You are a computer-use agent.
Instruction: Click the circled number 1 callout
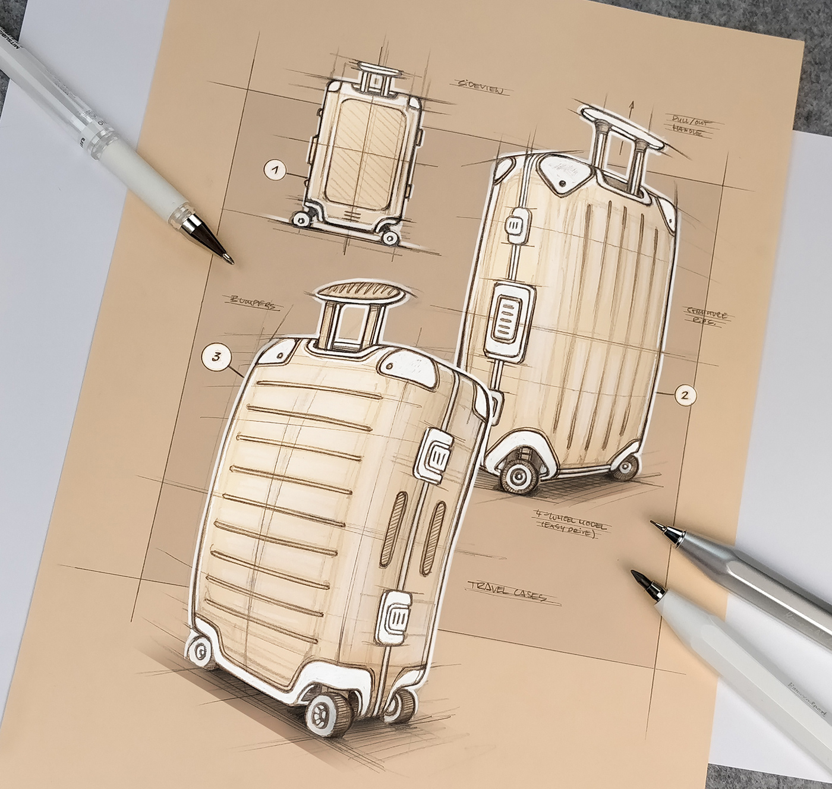point(274,171)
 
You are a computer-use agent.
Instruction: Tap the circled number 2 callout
point(685,393)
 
